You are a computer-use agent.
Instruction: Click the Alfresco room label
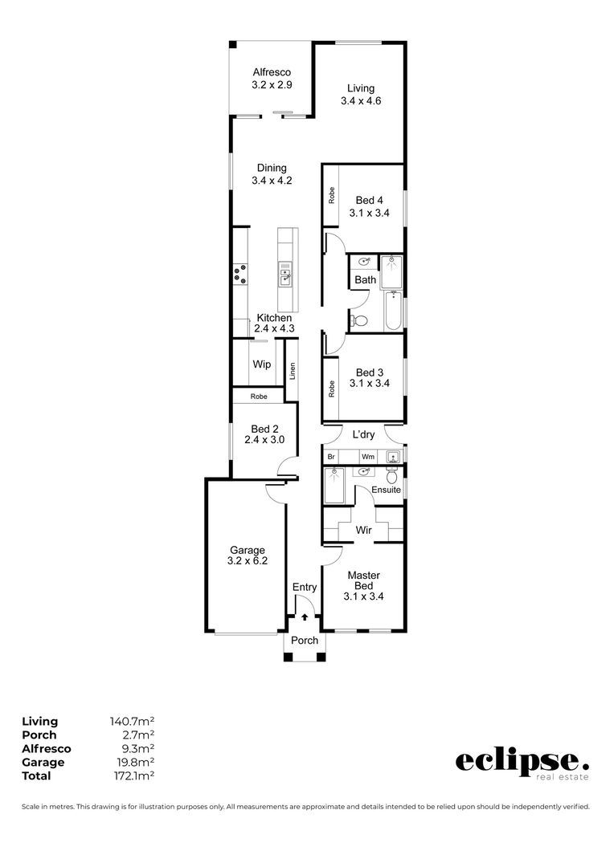coord(272,72)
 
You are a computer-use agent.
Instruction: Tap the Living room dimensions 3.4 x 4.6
coord(361,100)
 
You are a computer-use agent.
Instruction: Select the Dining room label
coord(272,168)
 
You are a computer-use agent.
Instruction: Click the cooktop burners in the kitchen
coord(241,275)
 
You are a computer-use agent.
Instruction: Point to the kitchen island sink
coord(284,275)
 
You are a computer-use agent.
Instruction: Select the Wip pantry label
coord(262,364)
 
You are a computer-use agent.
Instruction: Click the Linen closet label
coord(293,370)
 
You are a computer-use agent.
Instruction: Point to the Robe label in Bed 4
coord(332,195)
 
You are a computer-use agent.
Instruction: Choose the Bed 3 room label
coord(370,372)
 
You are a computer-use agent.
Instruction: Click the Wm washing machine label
coord(368,457)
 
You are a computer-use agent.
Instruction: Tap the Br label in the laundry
coord(331,457)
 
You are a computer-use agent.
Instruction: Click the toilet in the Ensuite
coord(392,475)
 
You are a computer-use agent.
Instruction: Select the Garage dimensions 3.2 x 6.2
coord(248,560)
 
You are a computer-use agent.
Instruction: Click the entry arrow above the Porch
coord(305,617)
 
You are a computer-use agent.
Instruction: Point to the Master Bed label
coord(364,580)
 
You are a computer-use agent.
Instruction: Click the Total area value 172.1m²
coord(132,775)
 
